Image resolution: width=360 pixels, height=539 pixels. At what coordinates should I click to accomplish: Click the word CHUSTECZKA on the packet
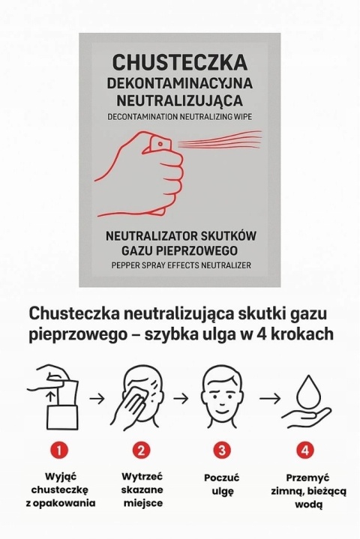click(x=180, y=62)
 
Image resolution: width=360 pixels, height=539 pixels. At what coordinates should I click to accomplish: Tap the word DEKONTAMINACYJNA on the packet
click(x=180, y=82)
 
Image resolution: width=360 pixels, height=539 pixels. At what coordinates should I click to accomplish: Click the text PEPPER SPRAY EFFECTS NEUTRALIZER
click(x=180, y=265)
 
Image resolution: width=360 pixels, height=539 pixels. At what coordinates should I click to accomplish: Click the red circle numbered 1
click(x=59, y=451)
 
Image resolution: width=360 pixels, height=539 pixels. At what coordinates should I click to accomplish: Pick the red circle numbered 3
click(x=221, y=451)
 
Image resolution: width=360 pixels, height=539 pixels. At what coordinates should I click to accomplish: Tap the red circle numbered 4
click(x=304, y=451)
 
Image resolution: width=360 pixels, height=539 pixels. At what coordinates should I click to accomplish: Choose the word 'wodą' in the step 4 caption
click(x=304, y=505)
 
